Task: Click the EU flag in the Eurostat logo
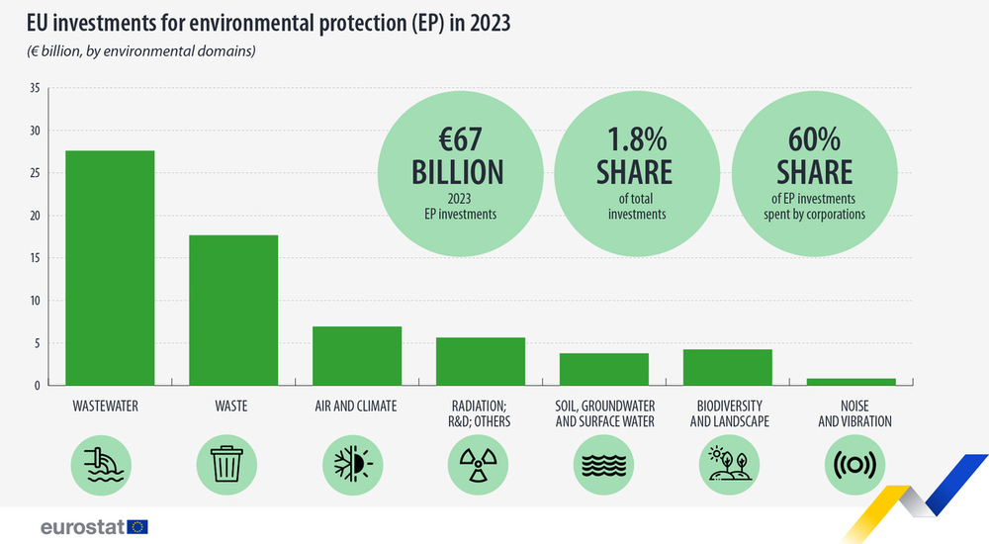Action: click(x=137, y=526)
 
